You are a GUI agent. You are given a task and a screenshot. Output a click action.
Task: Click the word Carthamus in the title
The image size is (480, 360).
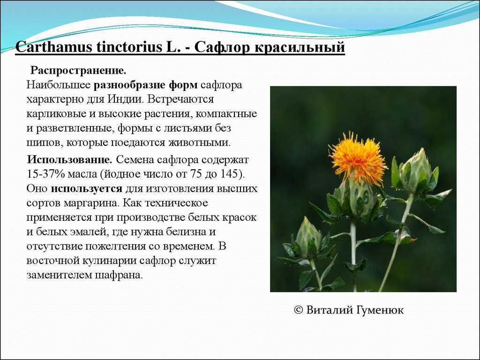[53, 47]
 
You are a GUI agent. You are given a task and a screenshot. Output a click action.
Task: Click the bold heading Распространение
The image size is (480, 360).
[78, 71]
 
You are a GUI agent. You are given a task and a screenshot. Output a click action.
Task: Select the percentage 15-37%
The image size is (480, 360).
[45, 174]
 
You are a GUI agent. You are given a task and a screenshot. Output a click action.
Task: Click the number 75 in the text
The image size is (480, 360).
[196, 174]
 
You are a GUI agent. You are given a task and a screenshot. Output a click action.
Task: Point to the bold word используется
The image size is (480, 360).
[87, 189]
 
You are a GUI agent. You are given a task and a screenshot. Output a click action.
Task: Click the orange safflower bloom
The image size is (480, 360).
[358, 156]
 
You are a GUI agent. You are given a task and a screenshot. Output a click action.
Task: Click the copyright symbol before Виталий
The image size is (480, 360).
[298, 310]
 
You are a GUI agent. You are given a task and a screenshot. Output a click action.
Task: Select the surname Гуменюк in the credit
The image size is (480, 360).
[380, 310]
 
